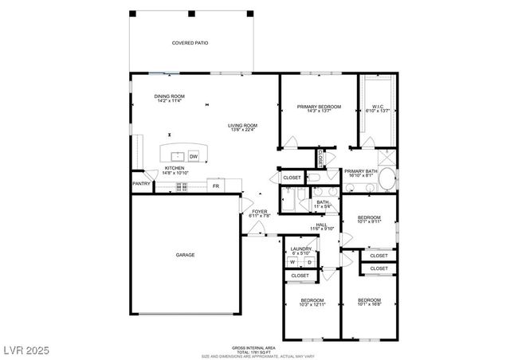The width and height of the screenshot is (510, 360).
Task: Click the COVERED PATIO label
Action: click(190, 42)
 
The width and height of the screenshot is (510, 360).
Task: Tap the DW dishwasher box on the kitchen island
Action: click(193, 157)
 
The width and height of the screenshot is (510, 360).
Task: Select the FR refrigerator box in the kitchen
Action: click(215, 186)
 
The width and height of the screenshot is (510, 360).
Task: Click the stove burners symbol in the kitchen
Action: click(182, 187)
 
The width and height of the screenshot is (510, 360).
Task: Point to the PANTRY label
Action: click(142, 184)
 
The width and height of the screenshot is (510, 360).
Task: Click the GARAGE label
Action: click(185, 255)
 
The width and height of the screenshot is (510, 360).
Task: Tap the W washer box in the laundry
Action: click(292, 262)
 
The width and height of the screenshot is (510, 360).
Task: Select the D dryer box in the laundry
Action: click(310, 262)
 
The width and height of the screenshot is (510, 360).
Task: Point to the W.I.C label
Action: click(378, 107)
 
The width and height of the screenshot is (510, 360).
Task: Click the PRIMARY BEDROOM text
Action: click(319, 107)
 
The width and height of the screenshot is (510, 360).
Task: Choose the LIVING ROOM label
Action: click(242, 125)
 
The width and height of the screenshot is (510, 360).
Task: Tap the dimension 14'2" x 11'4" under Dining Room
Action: click(169, 101)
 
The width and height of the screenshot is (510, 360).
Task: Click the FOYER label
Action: click(260, 211)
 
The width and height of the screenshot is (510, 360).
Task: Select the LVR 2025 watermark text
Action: click(25, 348)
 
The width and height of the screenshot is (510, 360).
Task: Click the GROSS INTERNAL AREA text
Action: click(254, 347)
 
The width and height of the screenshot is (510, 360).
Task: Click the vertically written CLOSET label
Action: click(321, 158)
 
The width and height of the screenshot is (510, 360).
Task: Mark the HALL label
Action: click(321, 225)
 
